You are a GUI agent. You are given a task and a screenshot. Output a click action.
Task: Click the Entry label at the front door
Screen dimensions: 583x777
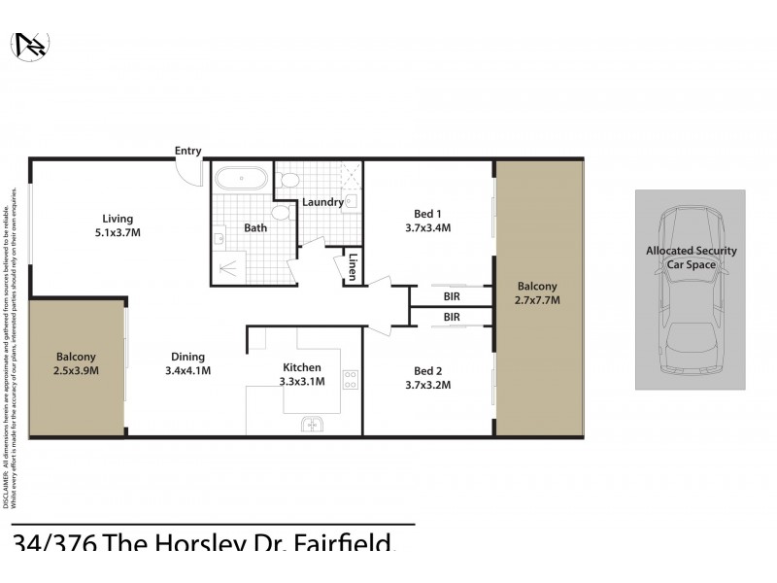187,151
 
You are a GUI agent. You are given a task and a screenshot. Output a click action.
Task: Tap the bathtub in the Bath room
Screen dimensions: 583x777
240,180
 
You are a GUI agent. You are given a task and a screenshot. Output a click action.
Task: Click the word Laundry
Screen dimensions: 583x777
322,202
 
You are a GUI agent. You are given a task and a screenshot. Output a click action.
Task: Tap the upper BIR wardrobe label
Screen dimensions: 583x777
452,296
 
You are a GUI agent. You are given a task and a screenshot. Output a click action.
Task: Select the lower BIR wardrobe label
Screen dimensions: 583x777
452,317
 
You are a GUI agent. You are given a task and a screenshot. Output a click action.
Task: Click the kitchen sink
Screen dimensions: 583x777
313,424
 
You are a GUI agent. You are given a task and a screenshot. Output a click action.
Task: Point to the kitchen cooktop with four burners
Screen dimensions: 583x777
351,379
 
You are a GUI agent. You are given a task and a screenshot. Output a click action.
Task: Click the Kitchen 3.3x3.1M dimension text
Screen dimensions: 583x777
302,382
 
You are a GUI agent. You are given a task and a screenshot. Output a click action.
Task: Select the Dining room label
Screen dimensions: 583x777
188,356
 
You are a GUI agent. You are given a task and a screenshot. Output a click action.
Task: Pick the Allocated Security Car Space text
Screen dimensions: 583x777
691,257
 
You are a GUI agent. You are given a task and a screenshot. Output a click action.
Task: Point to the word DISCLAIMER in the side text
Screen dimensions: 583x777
8,491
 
